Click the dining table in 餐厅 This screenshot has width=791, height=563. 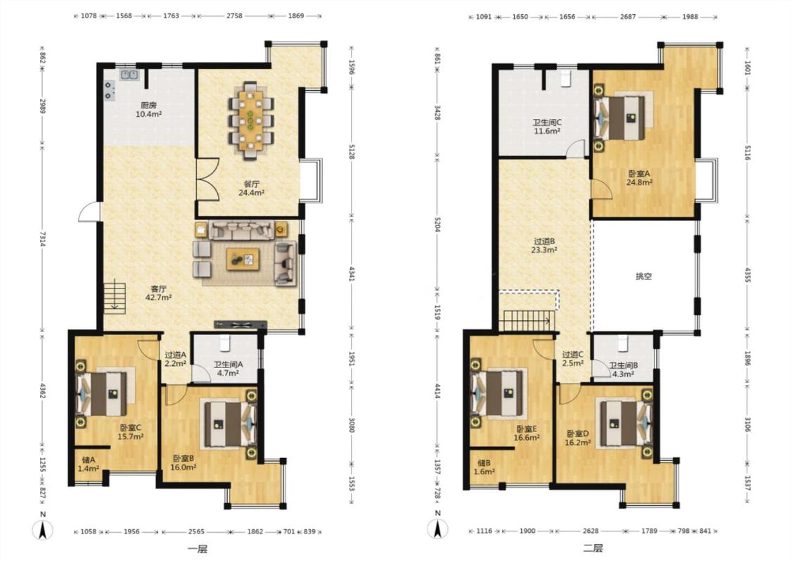click(250, 121)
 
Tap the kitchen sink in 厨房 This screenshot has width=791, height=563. click(129, 75)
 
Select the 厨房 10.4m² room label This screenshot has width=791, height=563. click(148, 110)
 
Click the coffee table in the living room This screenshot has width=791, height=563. click(243, 259)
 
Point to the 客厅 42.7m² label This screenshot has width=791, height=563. click(158, 293)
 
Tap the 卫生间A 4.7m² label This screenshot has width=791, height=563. click(228, 369)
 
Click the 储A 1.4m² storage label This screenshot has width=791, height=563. click(89, 464)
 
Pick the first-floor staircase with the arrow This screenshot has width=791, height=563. click(115, 298)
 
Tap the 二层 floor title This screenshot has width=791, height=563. click(593, 548)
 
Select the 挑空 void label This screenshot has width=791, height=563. click(643, 276)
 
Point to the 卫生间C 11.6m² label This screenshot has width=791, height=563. click(547, 126)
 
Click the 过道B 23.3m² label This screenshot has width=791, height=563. click(544, 246)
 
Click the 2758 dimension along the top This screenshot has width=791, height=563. click(234, 15)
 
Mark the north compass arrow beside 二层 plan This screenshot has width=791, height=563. click(438, 529)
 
